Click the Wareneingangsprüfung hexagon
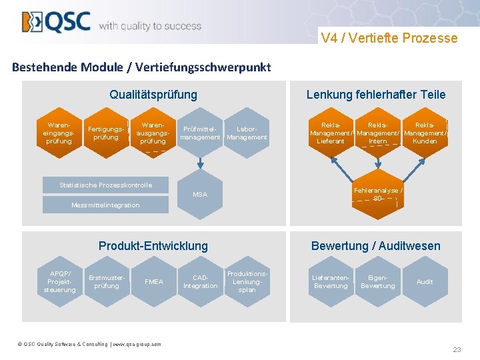(x=59, y=133)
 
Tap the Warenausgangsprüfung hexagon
(x=153, y=133)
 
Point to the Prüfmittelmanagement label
(x=200, y=133)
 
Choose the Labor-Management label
(x=247, y=133)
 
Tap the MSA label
(x=200, y=194)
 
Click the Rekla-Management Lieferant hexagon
(x=331, y=133)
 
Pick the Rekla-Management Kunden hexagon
(x=425, y=133)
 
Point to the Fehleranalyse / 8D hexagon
(x=378, y=194)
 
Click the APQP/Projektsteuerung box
(x=60, y=282)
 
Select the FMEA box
(x=153, y=282)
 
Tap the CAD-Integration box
(x=200, y=282)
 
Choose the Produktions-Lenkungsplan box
(x=247, y=281)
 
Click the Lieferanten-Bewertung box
(x=331, y=282)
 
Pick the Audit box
(x=425, y=282)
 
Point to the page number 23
(x=457, y=349)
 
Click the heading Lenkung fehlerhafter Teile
(x=376, y=95)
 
